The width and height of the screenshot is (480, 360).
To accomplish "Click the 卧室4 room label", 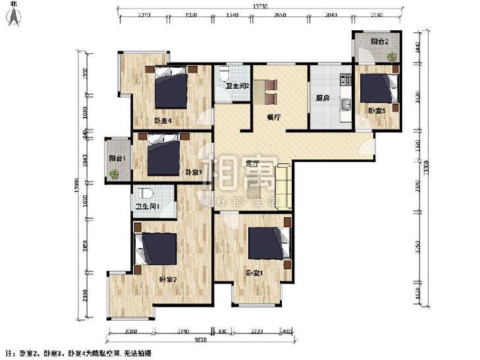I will pos(163,120).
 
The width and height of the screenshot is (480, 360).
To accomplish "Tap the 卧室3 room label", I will pos(192,172).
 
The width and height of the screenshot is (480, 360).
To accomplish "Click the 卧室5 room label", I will pos(377,111).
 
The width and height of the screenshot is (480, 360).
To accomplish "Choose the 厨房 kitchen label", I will pos(322,99).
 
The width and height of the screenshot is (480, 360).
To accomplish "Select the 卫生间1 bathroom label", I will pos(147,207).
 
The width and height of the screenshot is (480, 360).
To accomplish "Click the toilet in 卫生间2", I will pos(225,71).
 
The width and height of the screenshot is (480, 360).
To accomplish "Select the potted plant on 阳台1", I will pos(115,173).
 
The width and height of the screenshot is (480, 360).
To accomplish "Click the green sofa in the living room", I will pos(284,187).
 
